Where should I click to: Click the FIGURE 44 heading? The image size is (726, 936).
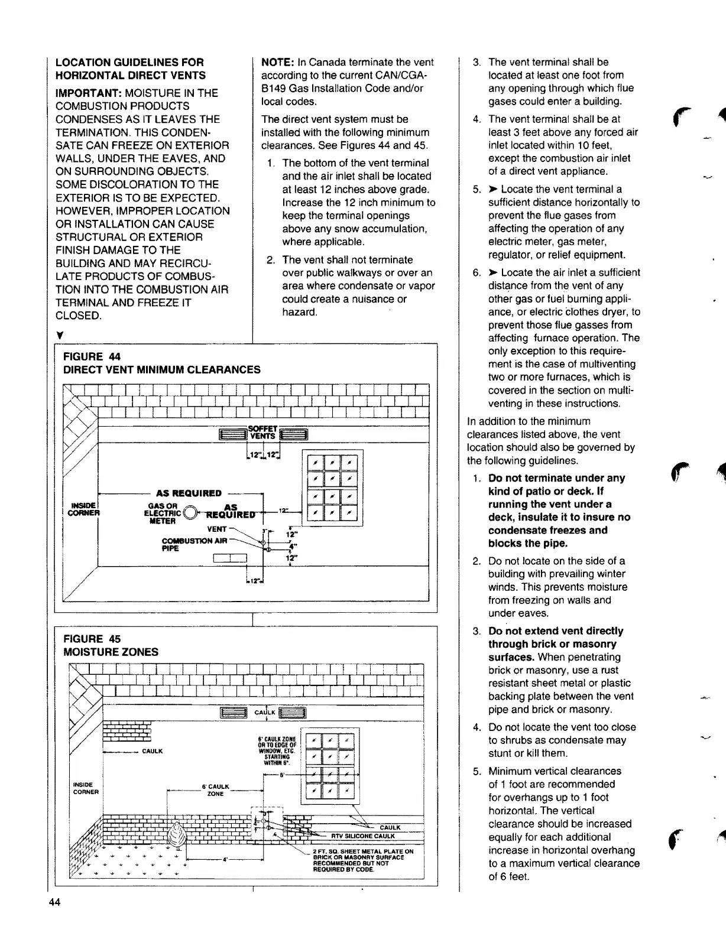(92, 356)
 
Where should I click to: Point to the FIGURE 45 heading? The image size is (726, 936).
(92, 639)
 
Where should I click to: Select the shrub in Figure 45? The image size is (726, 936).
(176, 837)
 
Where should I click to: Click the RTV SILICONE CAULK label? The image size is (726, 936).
(362, 836)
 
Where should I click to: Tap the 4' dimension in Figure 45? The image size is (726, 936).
(225, 859)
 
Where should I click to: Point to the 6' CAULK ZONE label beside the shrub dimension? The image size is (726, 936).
(215, 790)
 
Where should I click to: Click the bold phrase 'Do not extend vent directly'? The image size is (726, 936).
(556, 630)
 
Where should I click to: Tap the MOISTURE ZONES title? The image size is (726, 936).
(111, 652)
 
